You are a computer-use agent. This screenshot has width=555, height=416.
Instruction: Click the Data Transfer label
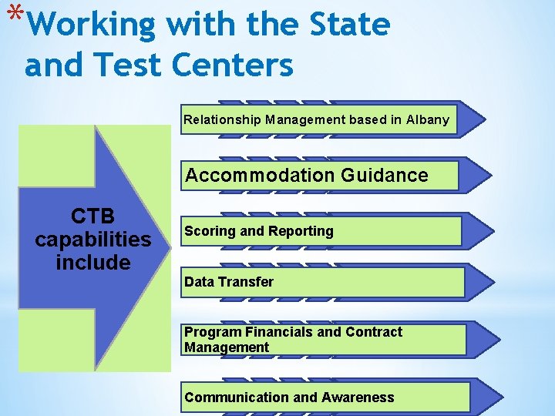229,282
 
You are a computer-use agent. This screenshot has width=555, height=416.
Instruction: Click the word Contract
374,332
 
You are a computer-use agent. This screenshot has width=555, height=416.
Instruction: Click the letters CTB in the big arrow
92,215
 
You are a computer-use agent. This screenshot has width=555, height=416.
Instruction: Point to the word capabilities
92,239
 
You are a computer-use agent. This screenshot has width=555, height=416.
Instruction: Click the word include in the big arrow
92,263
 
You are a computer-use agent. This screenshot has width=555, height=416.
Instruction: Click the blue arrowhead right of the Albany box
472,119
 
